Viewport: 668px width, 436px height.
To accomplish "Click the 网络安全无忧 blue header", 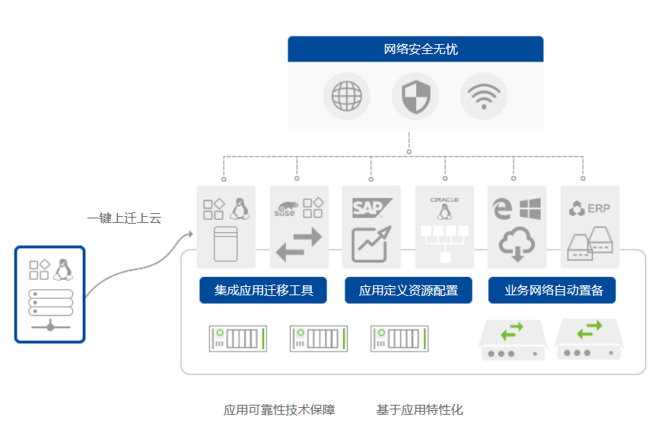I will [415, 49].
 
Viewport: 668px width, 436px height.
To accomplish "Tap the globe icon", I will [346, 97].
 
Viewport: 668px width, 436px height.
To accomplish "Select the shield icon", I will [415, 97].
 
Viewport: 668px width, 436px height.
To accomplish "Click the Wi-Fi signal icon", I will [484, 97].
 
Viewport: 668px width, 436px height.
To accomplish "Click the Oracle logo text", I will [444, 199].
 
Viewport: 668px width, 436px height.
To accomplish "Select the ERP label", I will [599, 208].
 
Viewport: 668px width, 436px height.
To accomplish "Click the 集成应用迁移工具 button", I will [263, 291].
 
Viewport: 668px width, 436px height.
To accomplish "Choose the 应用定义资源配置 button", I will [408, 291].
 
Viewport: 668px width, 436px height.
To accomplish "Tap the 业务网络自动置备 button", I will [552, 291].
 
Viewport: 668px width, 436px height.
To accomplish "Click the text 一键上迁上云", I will [124, 218].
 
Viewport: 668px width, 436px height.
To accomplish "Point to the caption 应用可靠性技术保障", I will [279, 409].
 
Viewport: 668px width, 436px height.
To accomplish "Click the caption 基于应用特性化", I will [419, 409].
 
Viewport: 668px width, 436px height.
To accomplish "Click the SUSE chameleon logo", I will [286, 208].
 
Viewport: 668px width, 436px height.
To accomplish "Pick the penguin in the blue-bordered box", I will [62, 269].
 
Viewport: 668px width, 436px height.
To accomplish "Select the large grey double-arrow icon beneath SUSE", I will [299, 245].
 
